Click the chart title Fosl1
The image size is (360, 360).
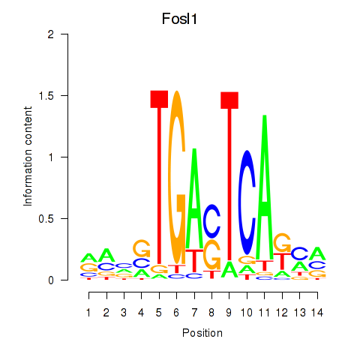[x=179, y=19]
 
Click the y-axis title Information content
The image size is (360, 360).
[x=28, y=156]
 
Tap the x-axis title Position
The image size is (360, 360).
[x=202, y=333]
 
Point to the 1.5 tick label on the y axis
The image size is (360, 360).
[x=46, y=95]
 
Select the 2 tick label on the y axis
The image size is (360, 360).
[x=51, y=34]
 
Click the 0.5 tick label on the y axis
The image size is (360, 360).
[x=46, y=219]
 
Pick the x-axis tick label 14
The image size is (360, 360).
[x=317, y=313]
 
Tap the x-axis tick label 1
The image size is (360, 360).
[x=88, y=313]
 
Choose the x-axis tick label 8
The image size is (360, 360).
[x=211, y=313]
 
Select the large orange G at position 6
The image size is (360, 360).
[x=177, y=178]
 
